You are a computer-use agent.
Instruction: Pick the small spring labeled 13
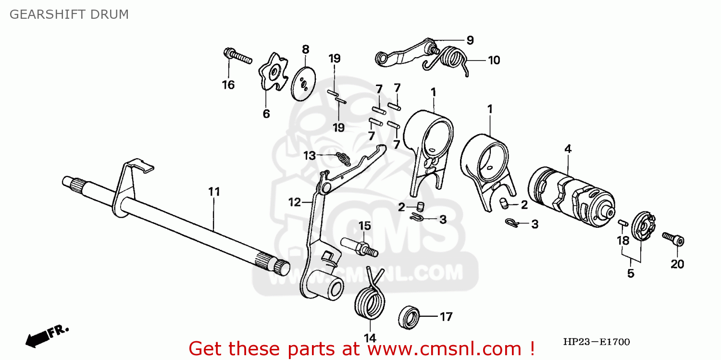[342, 157]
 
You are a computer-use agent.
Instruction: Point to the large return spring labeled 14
[370, 302]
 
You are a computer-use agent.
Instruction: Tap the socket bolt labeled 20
[674, 239]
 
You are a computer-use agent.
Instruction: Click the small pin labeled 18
[621, 223]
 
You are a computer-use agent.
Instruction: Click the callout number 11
[214, 192]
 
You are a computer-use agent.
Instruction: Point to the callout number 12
[294, 203]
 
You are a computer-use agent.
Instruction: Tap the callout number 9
[470, 40]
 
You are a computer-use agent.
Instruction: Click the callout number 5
[631, 273]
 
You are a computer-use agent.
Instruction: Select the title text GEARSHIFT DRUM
[69, 14]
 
